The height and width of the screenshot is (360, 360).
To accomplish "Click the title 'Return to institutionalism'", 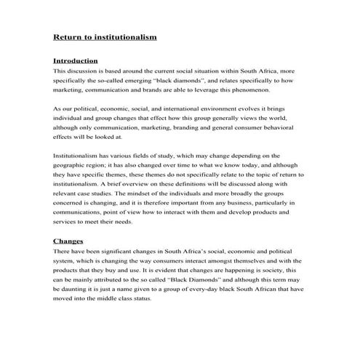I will point(105,36).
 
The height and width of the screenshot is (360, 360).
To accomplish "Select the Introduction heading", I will point(76,60).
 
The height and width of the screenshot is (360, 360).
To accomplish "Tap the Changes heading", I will point(68,240).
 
